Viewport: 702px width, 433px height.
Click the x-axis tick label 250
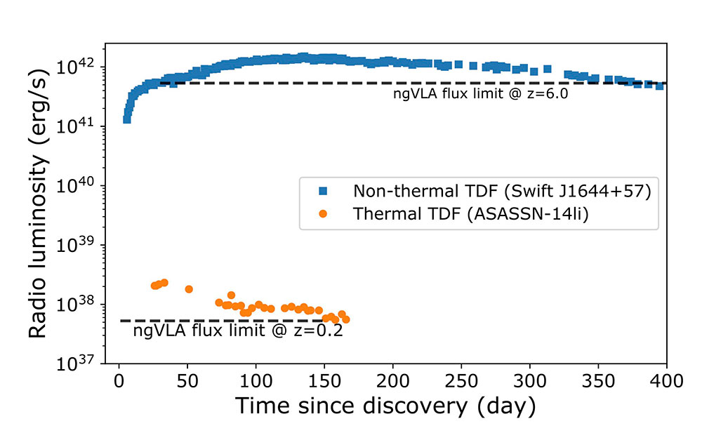point(461,381)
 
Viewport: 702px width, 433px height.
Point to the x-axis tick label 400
point(666,381)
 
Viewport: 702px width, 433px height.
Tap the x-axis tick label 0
point(119,381)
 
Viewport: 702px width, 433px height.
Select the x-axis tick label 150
point(324,381)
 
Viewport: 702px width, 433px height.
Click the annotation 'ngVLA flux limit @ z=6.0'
point(480,93)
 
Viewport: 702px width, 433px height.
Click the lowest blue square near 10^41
point(126,119)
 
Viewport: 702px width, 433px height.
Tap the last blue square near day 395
point(659,86)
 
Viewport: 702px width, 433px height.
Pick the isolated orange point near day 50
point(188,289)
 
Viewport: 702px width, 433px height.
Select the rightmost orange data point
point(345,319)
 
